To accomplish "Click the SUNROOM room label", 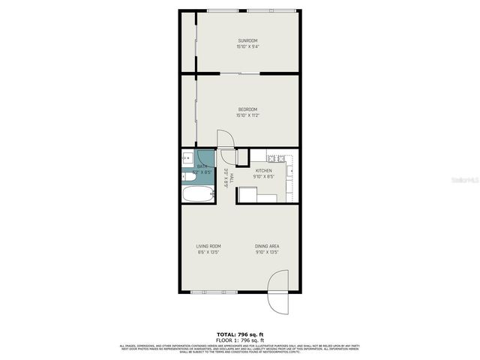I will pos(247,40).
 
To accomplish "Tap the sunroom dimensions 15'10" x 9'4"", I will pos(247,46).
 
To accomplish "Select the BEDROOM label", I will pos(247,109).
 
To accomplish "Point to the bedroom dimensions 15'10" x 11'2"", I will pos(247,116).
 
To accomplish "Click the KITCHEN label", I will pos(263,171).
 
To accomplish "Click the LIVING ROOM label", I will pos(208,246).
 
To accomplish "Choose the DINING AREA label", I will pos(267,246).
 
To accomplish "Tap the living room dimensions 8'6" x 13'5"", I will pos(208,253).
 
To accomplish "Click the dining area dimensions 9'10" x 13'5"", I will pos(267,253).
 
